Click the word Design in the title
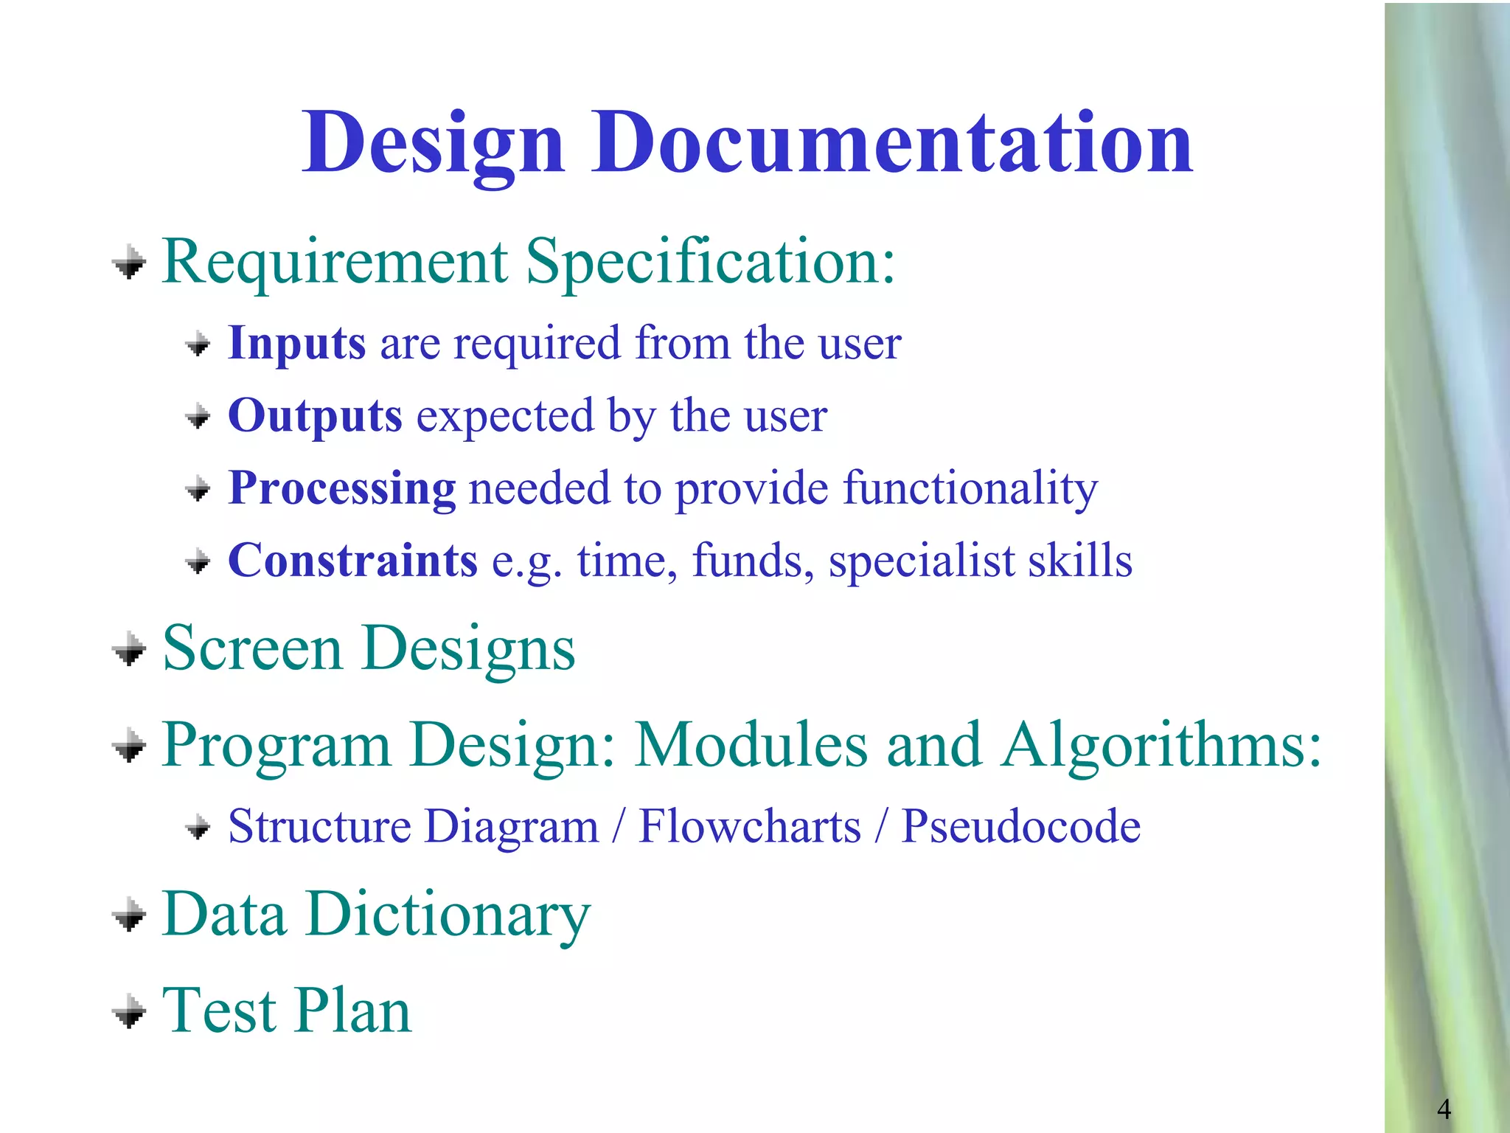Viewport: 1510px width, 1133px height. [433, 144]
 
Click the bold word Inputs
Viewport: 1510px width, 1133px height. [296, 344]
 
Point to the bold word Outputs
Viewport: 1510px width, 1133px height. [315, 416]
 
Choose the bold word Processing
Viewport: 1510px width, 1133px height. [342, 489]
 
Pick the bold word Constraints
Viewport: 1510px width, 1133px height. [352, 561]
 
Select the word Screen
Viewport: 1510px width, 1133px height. [252, 648]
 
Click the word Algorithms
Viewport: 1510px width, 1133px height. [1160, 745]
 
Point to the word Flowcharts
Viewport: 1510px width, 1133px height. [749, 826]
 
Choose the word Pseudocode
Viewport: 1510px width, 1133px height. [1021, 826]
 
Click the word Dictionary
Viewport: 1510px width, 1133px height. [448, 915]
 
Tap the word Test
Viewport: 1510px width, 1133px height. [219, 1011]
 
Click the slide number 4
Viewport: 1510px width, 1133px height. [1444, 1109]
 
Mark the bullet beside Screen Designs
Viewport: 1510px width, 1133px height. [130, 649]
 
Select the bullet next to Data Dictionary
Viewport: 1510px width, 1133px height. [130, 915]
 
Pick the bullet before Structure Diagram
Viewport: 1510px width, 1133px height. [198, 827]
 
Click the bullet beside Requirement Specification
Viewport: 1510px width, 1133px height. [130, 263]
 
